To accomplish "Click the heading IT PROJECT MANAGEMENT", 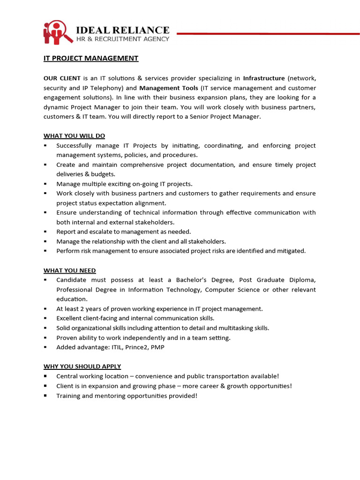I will pyautogui.click(x=91, y=59).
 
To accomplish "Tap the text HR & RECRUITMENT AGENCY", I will pyautogui.click(x=123, y=39).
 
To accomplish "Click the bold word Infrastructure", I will pyautogui.click(x=263, y=78).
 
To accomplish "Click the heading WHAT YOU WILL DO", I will pyautogui.click(x=74, y=136).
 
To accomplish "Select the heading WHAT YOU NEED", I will pyautogui.click(x=69, y=270).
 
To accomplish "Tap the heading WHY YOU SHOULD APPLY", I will pyautogui.click(x=82, y=366).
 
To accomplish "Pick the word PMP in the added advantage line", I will pyautogui.click(x=157, y=347).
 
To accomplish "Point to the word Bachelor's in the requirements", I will pyautogui.click(x=185, y=280).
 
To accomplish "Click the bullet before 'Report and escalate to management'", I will pyautogui.click(x=45, y=232).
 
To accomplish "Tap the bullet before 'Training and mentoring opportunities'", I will pyautogui.click(x=45, y=396).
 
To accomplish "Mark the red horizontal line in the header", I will pyautogui.click(x=267, y=33).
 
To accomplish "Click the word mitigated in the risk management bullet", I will pyautogui.click(x=291, y=251).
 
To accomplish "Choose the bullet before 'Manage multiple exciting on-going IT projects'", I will pyautogui.click(x=45, y=184).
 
